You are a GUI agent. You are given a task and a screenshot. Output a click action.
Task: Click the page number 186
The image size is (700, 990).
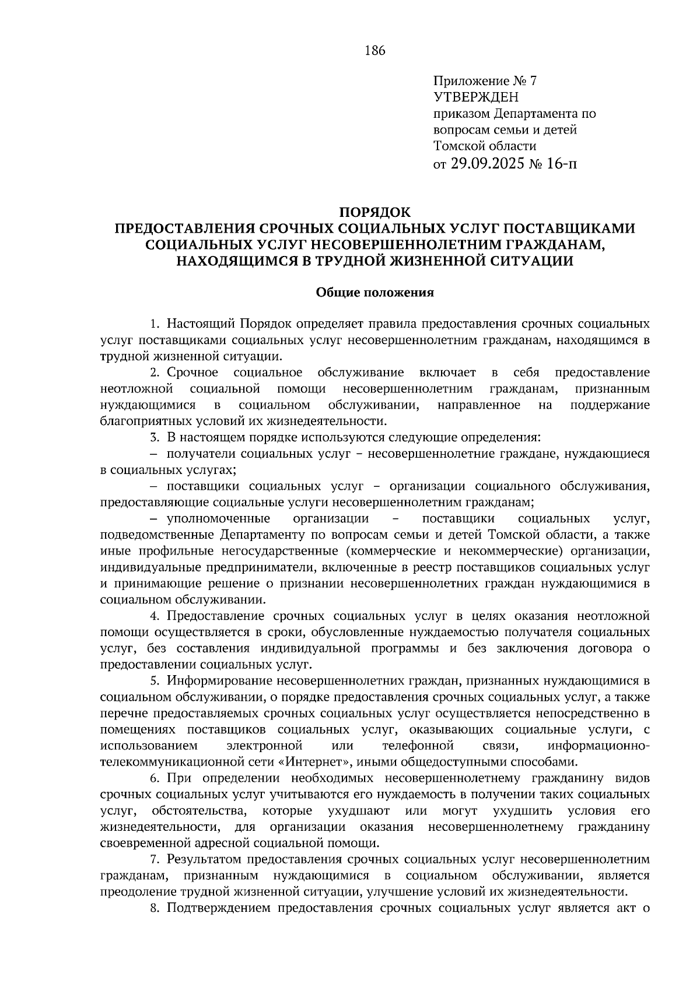tap(375, 51)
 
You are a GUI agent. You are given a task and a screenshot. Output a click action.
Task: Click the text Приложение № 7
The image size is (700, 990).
tap(484, 81)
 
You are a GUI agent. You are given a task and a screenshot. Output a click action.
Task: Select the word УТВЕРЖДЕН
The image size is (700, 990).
tap(475, 97)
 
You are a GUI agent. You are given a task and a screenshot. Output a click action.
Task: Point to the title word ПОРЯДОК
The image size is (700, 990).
tap(374, 212)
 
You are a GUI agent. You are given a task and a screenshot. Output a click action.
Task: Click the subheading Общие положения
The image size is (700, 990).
tap(374, 293)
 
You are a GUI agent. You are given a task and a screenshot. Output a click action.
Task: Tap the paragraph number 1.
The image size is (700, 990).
tap(153, 324)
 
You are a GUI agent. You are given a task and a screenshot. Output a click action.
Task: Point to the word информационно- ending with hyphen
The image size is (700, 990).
tap(599, 746)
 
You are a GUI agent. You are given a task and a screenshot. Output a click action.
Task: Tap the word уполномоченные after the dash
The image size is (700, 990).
tap(218, 518)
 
